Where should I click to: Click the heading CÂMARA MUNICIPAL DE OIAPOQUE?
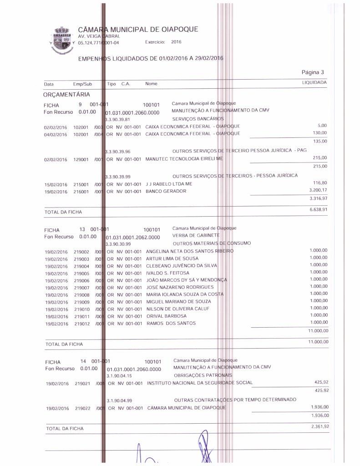[138, 30]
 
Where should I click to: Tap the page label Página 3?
[313, 72]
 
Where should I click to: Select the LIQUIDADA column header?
[314, 83]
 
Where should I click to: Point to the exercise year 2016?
[176, 42]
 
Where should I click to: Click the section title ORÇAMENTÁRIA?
[66, 95]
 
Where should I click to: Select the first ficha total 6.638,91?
[318, 209]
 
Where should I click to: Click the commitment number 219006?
[82, 280]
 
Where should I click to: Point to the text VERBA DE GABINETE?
[196, 236]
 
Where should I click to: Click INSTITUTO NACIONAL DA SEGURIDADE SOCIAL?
[199, 383]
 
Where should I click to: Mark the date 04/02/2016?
[56, 134]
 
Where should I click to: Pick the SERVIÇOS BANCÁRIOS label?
[196, 119]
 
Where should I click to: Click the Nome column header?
[151, 84]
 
